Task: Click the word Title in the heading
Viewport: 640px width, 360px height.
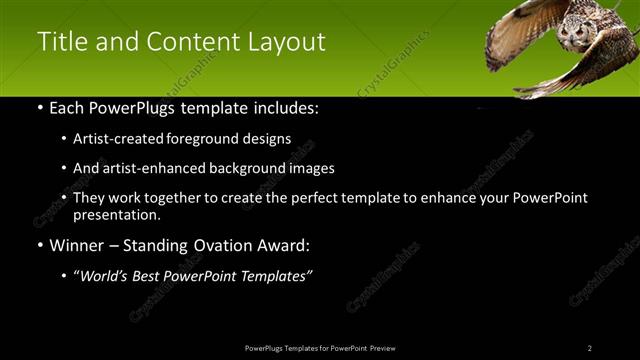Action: [x=63, y=42]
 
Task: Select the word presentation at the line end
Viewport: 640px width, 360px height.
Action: [x=114, y=214]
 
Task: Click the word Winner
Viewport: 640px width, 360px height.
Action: [x=81, y=245]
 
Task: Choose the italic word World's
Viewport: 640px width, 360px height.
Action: [x=107, y=276]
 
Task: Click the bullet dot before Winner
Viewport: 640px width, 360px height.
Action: [x=40, y=246]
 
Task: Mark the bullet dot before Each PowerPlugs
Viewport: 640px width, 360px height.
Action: [x=40, y=108]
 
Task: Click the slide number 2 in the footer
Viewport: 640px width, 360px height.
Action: [x=590, y=348]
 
